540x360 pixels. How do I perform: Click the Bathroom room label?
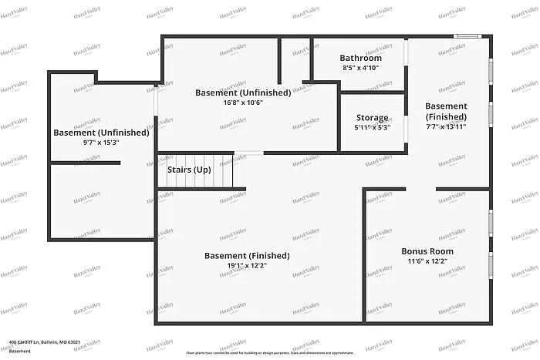click(x=361, y=58)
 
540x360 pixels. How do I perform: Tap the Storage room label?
click(x=372, y=118)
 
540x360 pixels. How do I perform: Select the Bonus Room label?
click(x=427, y=251)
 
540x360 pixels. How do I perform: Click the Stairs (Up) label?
click(x=190, y=169)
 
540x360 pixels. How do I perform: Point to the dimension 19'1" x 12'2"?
click(x=247, y=266)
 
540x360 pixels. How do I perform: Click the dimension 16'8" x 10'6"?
click(x=243, y=103)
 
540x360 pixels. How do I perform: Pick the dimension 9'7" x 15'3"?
click(x=101, y=143)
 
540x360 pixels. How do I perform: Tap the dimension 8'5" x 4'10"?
click(x=361, y=68)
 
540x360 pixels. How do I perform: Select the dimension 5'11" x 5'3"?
click(x=372, y=128)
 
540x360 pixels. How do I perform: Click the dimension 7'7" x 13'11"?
click(x=446, y=127)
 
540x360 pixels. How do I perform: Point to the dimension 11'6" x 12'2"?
click(x=427, y=261)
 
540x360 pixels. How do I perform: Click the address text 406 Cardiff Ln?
click(x=45, y=342)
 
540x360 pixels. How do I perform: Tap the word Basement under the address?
click(x=20, y=351)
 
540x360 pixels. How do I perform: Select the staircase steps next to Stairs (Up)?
click(x=219, y=170)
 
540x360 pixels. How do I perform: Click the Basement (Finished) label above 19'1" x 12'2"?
click(x=247, y=256)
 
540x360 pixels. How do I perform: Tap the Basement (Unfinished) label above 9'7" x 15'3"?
click(x=101, y=133)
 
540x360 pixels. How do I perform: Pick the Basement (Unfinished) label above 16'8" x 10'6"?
click(x=243, y=93)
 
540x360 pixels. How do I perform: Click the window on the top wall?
click(x=466, y=35)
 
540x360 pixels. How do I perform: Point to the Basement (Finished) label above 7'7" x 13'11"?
click(x=446, y=111)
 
